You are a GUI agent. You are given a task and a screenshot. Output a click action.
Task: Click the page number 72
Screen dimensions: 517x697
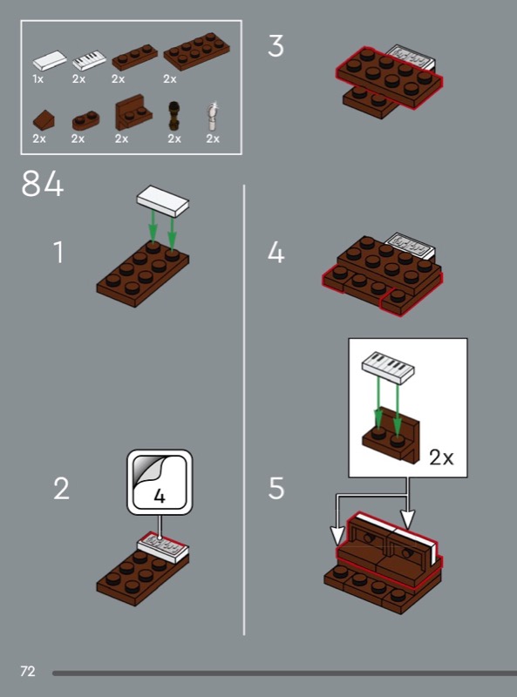[x=28, y=671]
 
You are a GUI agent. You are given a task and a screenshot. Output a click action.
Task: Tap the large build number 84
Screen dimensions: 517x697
[x=42, y=184]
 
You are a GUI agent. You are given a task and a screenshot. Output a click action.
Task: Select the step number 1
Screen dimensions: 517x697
[x=58, y=252]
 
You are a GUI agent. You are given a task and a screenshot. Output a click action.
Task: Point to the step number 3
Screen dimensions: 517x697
[x=276, y=46]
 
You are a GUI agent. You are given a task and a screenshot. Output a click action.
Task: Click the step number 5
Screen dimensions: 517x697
[x=276, y=488]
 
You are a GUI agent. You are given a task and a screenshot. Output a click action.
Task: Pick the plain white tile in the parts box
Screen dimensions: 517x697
[x=50, y=60]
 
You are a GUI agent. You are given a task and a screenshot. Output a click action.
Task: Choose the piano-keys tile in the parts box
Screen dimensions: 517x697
[x=90, y=60]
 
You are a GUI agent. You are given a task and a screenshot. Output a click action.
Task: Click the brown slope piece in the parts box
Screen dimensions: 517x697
[x=44, y=119]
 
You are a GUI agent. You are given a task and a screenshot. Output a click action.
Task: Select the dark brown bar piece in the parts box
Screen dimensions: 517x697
[x=174, y=116]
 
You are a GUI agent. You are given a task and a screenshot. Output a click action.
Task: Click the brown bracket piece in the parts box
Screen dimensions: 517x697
[x=133, y=112]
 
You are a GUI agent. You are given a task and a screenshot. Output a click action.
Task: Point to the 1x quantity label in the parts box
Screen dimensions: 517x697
[x=38, y=79]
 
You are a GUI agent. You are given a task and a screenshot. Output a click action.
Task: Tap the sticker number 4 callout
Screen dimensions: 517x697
[x=160, y=483]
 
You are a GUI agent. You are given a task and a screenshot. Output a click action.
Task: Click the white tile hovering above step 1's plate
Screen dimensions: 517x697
[x=163, y=201]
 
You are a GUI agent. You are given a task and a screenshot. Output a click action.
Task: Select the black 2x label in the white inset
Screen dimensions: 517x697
[x=441, y=457]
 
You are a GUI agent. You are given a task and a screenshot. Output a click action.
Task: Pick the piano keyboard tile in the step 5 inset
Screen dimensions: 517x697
[x=388, y=368]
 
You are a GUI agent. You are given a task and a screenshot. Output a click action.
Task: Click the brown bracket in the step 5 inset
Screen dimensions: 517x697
[x=391, y=437]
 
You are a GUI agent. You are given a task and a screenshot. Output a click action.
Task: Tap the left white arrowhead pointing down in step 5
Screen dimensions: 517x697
[x=337, y=535]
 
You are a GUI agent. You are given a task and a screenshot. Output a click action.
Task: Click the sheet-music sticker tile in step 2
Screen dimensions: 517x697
[x=162, y=547]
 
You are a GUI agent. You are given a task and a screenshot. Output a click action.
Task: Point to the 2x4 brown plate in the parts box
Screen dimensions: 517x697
[x=197, y=51]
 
